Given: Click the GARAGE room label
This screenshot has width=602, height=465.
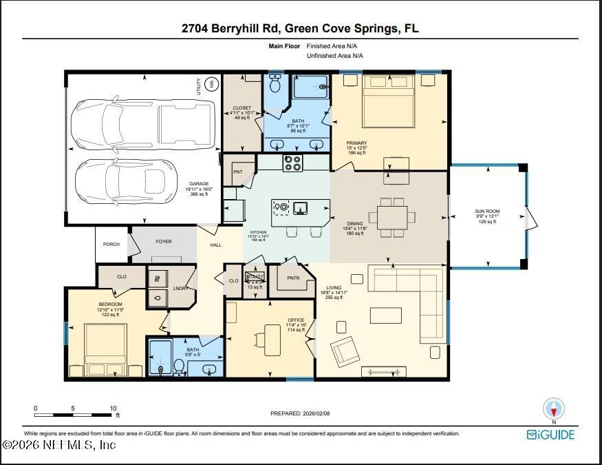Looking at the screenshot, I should (200, 184).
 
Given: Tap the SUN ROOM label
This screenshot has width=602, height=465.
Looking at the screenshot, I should (484, 211).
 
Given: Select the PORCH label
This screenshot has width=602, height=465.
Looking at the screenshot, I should (111, 245).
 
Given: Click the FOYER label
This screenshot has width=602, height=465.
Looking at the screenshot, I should (164, 242).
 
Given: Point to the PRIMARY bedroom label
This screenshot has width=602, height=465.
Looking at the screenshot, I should (356, 143).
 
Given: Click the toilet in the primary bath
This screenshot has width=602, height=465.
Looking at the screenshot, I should (276, 84).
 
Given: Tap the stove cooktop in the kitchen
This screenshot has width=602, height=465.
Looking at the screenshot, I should (292, 163).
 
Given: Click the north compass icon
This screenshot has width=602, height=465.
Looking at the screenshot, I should (554, 408).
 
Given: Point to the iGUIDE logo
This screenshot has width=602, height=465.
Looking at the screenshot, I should (550, 435).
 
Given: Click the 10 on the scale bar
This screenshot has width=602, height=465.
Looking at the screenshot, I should (112, 408).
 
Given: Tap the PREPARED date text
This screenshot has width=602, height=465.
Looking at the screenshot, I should (300, 414).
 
